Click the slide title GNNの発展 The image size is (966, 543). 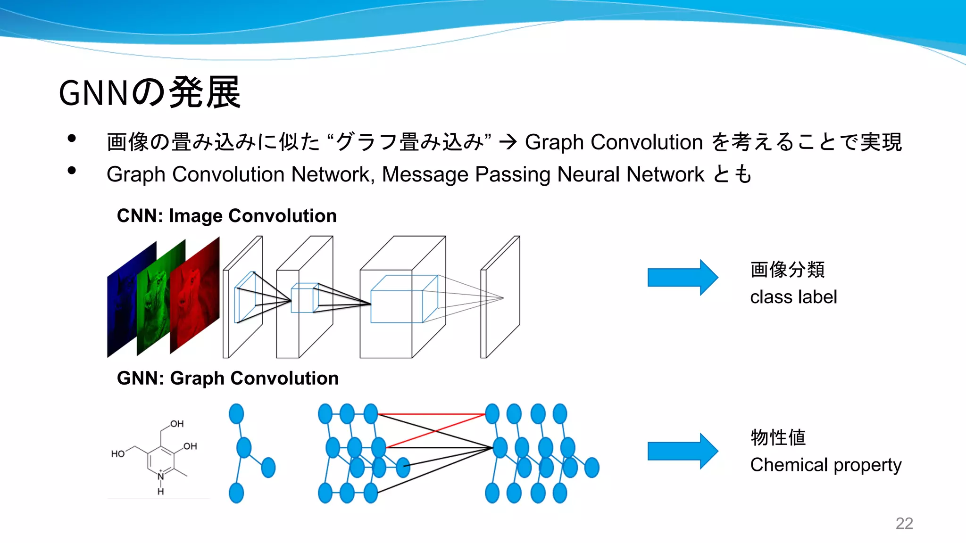tap(150, 93)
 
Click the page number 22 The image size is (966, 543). tap(904, 523)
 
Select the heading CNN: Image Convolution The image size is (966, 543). tap(226, 216)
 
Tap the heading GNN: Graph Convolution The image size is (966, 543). tap(227, 378)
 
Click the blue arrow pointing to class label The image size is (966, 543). tap(682, 278)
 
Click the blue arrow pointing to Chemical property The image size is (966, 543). tap(682, 451)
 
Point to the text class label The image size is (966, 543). tap(793, 297)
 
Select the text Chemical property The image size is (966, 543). tap(825, 465)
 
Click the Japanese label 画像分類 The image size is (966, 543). tap(787, 270)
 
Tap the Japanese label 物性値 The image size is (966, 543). tap(778, 437)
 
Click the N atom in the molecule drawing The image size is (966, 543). tap(161, 476)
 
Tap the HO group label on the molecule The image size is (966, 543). tap(117, 454)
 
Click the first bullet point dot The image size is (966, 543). tap(72, 139)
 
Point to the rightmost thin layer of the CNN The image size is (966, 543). tap(500, 297)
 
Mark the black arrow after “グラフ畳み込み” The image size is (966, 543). tap(508, 142)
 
